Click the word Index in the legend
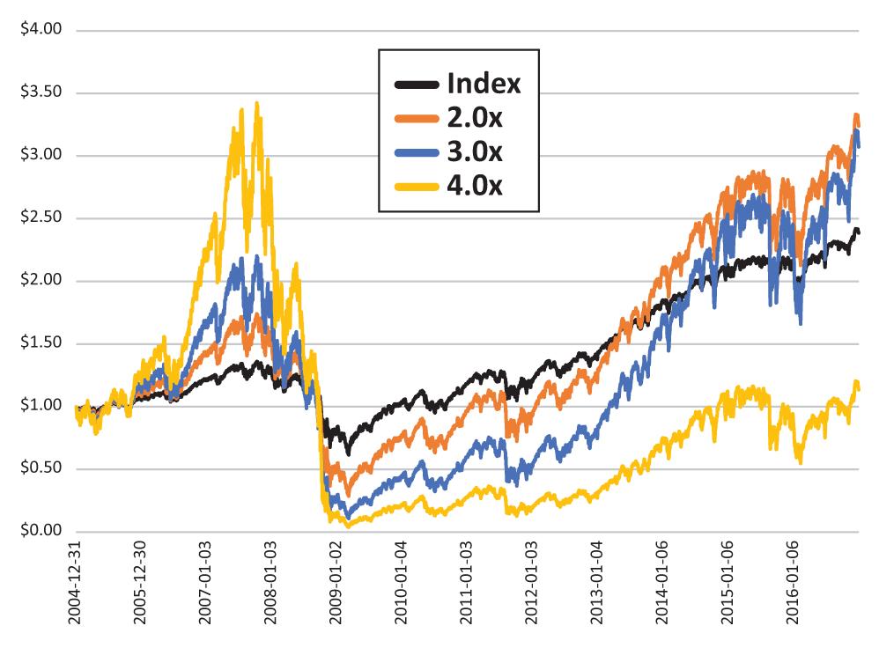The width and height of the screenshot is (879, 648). coord(484,85)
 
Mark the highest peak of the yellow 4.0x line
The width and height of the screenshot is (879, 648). coord(256,103)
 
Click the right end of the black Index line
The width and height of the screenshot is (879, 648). coord(859,232)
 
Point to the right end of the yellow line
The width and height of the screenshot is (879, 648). coord(859,388)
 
